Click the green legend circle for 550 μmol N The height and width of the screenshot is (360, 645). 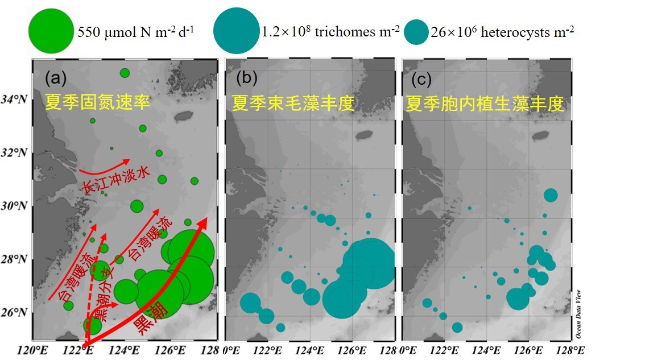pyautogui.click(x=52, y=31)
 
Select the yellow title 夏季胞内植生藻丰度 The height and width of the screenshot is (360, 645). pyautogui.click(x=485, y=104)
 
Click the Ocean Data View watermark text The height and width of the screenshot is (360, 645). pyautogui.click(x=578, y=309)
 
